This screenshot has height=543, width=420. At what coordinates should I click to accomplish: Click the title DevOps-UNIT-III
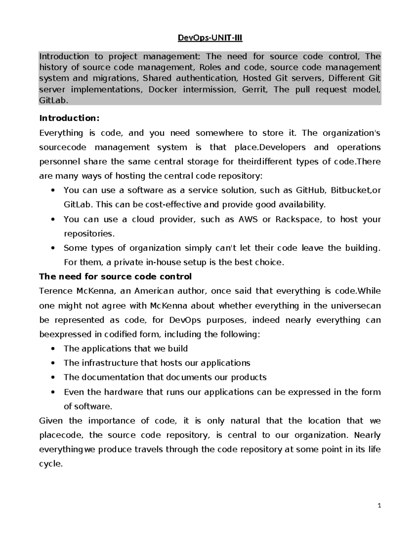click(210, 38)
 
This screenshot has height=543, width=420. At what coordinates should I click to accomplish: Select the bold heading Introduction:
click(69, 118)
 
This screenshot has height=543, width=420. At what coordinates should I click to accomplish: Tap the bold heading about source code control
click(115, 277)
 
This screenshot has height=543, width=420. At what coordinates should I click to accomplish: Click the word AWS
click(247, 219)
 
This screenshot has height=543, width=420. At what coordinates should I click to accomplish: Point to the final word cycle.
click(50, 464)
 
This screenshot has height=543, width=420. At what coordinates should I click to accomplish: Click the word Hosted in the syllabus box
click(257, 78)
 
